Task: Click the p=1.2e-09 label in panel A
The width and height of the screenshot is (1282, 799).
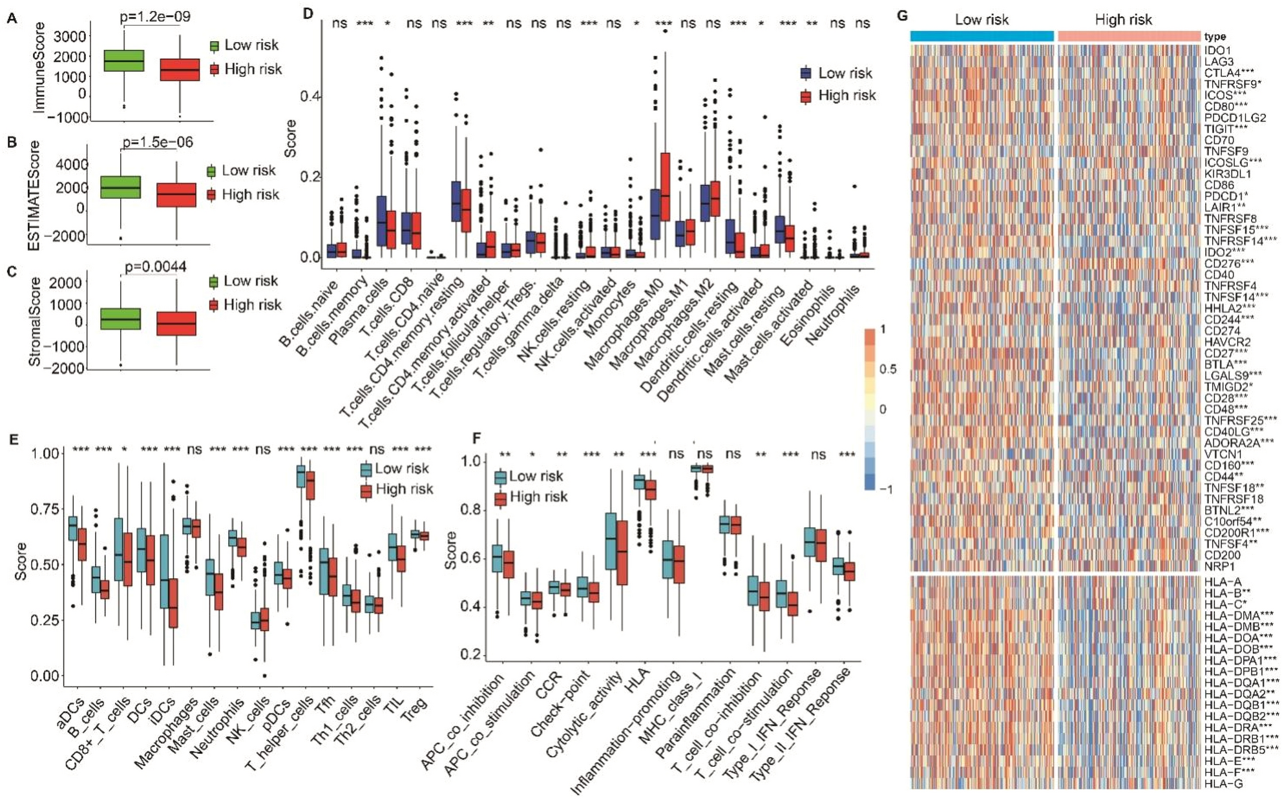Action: pos(155,16)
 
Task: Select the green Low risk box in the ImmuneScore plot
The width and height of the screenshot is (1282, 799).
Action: pos(124,61)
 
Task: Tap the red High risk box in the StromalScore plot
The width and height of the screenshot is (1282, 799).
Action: pos(176,324)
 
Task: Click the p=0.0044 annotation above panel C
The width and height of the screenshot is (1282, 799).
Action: pos(156,267)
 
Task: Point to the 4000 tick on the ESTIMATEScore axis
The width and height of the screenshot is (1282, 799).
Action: pos(72,165)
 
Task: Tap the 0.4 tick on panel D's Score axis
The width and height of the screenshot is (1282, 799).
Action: pos(310,97)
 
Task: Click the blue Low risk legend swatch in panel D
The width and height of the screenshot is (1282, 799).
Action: pos(806,73)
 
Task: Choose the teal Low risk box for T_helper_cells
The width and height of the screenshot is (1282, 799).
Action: pos(300,476)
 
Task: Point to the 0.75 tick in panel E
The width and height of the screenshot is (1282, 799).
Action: pos(45,510)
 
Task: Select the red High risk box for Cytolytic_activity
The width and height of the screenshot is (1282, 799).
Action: pos(622,552)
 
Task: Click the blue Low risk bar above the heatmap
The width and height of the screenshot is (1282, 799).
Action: pos(982,36)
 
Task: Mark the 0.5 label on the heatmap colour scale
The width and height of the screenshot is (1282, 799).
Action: pos(888,369)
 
